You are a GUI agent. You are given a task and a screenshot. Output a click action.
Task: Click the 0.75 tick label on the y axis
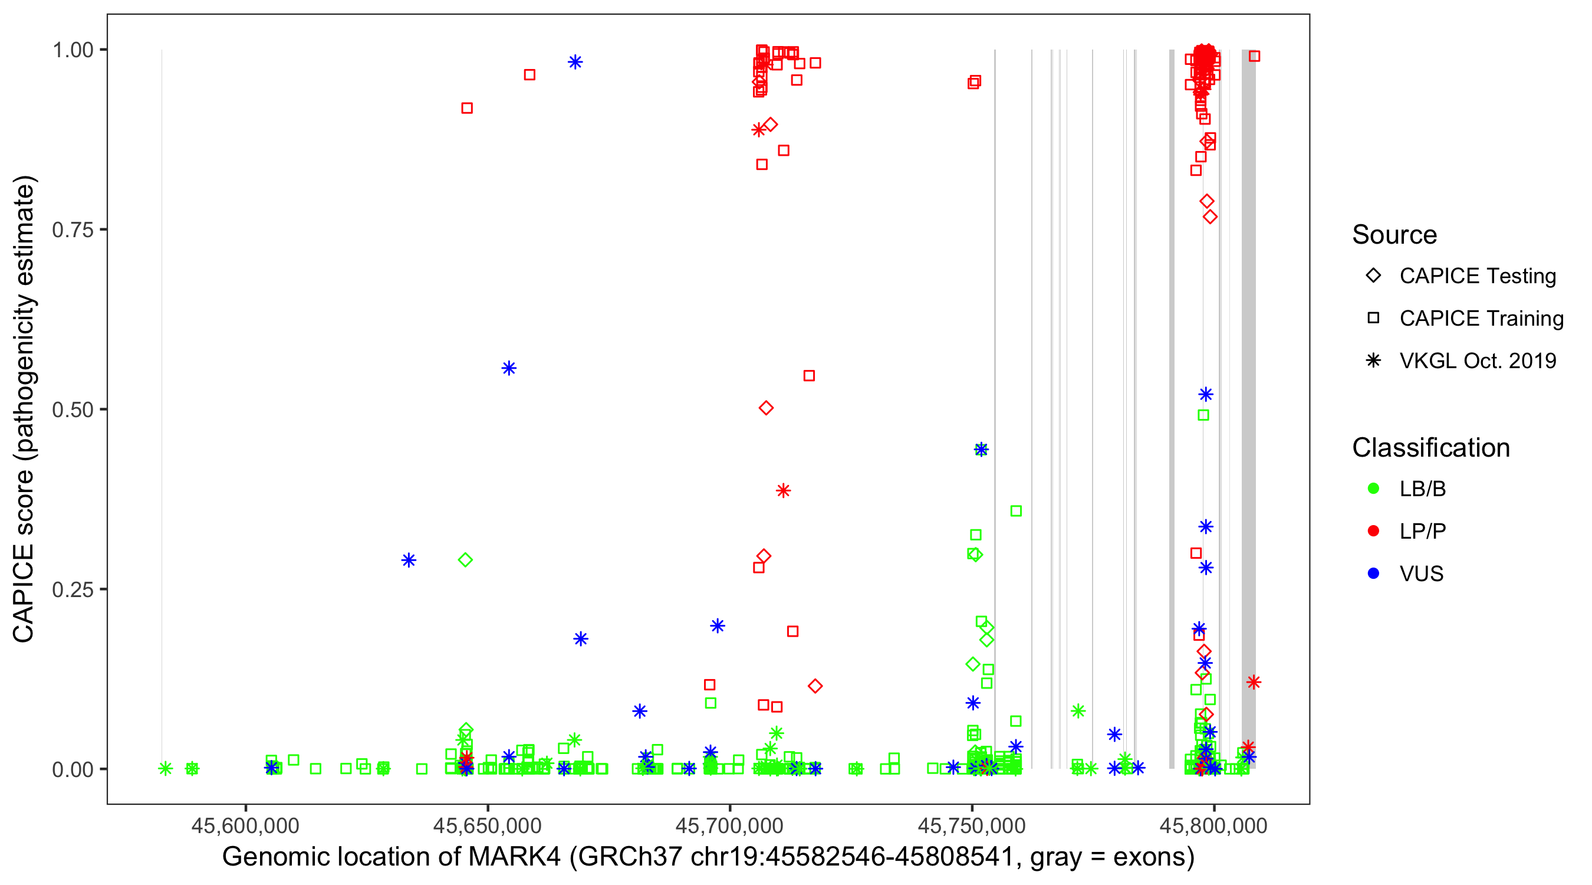72,230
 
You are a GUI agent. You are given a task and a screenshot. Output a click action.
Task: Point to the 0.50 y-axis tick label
72,409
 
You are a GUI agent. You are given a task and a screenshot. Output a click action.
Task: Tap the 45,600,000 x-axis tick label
245,825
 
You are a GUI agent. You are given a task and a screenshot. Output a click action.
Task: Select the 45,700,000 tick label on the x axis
730,825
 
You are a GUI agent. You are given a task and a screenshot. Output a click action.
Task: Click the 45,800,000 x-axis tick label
1214,825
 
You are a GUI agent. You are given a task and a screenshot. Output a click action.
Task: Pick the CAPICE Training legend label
1481,319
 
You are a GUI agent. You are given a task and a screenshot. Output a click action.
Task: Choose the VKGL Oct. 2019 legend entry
1478,360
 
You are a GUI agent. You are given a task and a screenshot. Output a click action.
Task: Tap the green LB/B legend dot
1373,489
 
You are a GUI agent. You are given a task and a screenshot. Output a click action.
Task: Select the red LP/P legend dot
1373,531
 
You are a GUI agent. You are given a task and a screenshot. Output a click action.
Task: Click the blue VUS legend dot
1373,573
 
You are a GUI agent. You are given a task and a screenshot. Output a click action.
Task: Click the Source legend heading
1394,235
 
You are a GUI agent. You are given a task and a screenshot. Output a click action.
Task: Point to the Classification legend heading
1430,448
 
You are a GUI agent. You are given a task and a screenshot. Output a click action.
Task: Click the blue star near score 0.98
575,62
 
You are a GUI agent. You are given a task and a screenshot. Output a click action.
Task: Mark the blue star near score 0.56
509,369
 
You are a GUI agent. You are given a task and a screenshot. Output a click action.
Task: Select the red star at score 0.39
783,491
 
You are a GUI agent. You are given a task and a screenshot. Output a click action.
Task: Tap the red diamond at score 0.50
766,408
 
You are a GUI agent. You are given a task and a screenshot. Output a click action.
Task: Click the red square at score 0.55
809,376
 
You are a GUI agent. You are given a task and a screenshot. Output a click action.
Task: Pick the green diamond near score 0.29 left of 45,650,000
465,560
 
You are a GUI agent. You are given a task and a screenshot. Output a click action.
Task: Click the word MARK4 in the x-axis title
514,857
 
